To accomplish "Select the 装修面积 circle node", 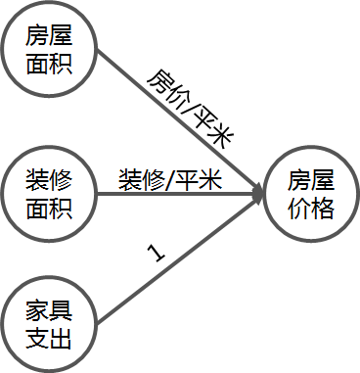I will click(x=49, y=194).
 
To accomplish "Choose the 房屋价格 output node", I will click(x=311, y=194).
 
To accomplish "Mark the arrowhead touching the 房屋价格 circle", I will click(x=259, y=194).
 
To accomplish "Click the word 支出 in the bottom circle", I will click(x=49, y=342).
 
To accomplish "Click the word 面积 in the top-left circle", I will click(x=49, y=68).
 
